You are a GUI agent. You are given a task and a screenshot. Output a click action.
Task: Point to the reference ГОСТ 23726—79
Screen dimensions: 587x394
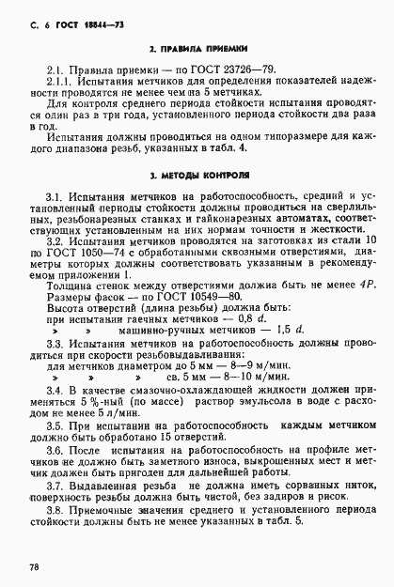(198, 70)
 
